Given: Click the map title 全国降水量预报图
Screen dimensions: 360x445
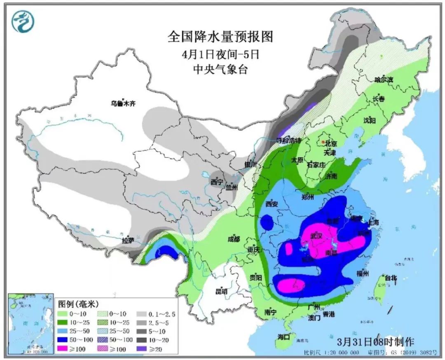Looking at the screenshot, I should (x=220, y=37).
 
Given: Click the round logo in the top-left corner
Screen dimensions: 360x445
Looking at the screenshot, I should (x=23, y=21).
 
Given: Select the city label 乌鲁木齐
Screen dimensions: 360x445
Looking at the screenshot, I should (x=122, y=104).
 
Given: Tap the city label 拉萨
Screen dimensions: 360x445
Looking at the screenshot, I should (x=128, y=240).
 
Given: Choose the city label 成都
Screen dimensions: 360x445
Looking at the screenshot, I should (x=233, y=239).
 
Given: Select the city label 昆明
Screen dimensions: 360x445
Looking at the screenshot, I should (x=221, y=292).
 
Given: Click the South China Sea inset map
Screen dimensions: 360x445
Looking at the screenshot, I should (x=31, y=323).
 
